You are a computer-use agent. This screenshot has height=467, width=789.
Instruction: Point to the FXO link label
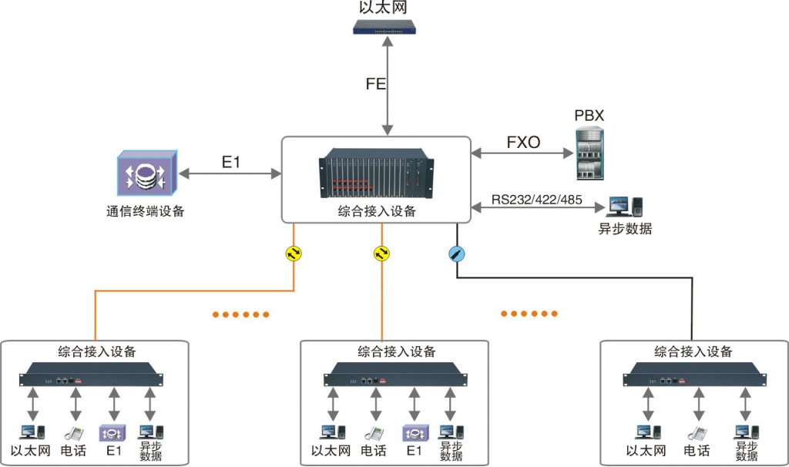[x=523, y=142]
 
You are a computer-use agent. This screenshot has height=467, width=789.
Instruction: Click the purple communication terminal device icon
[x=147, y=173]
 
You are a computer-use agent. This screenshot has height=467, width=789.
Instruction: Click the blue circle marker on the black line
[x=456, y=253]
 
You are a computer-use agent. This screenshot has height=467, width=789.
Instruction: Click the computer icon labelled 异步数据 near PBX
[x=625, y=206]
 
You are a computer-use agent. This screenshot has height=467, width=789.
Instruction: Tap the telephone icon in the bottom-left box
[x=74, y=433]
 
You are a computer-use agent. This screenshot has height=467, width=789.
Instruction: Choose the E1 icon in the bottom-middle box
[x=414, y=433]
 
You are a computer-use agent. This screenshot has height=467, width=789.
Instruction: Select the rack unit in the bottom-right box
[x=694, y=378]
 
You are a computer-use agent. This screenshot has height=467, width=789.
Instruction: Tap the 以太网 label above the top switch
[x=383, y=8]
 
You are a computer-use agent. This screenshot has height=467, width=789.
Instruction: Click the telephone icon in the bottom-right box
[x=696, y=433]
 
